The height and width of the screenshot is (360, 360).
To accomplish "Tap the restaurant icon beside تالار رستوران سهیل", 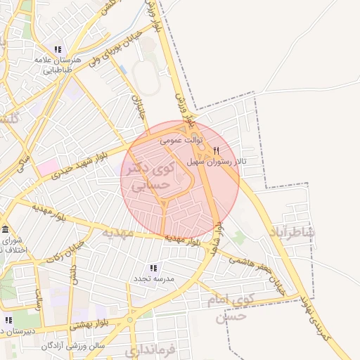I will [216, 150].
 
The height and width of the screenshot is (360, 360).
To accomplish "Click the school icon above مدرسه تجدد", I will [153, 269].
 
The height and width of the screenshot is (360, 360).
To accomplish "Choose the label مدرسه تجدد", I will [153, 280].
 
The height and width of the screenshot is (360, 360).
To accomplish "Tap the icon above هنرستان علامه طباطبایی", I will [58, 50].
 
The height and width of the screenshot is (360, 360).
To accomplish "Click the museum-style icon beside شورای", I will [6, 231].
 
